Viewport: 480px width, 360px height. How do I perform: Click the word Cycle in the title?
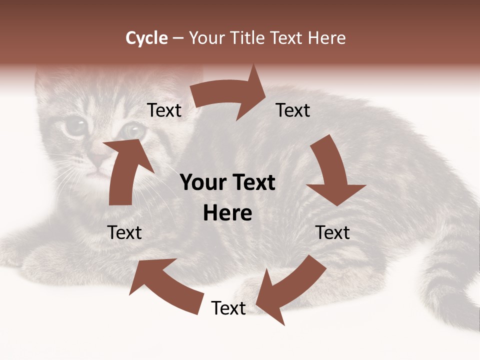coord(146,38)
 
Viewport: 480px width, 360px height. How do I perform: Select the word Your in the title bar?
coord(207,38)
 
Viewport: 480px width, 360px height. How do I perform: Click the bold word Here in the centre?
coord(227,213)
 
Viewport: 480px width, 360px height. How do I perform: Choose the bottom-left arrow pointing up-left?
coord(165,285)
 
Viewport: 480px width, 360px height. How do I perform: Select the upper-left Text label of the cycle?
coord(164,110)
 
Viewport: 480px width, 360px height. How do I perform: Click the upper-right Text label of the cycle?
coord(293,110)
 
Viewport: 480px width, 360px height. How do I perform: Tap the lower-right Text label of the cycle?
coord(332,232)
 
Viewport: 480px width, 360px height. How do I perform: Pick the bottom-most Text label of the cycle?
coord(228,308)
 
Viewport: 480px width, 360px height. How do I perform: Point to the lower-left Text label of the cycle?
coord(124,232)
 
